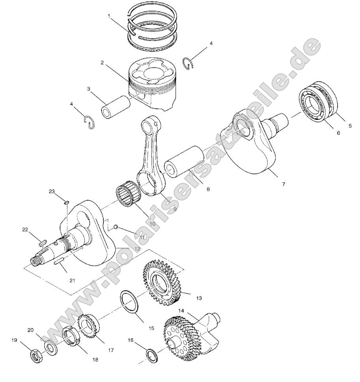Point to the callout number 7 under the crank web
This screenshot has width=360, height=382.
(283, 184)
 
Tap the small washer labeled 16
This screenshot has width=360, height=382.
(150, 354)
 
